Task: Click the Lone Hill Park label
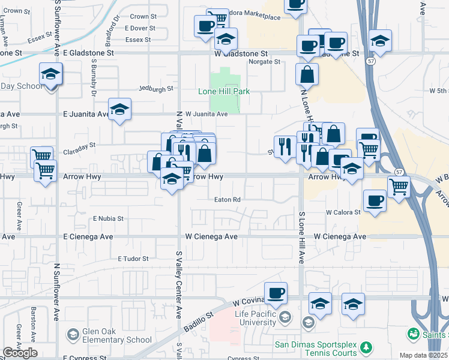pyautogui.click(x=224, y=91)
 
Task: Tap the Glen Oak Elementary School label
pyautogui.click(x=118, y=340)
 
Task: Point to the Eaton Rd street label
pyautogui.click(x=228, y=199)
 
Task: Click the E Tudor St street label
pyautogui.click(x=133, y=259)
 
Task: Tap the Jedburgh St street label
pyautogui.click(x=155, y=88)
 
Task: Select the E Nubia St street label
pyautogui.click(x=108, y=219)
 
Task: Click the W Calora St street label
pyautogui.click(x=343, y=212)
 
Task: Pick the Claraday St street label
pyautogui.click(x=79, y=145)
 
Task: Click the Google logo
pyautogui.click(x=20, y=353)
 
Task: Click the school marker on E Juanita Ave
pyautogui.click(x=120, y=110)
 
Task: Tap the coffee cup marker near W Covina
pyautogui.click(x=276, y=293)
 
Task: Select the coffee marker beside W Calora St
pyautogui.click(x=375, y=200)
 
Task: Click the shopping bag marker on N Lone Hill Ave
pyautogui.click(x=307, y=75)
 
